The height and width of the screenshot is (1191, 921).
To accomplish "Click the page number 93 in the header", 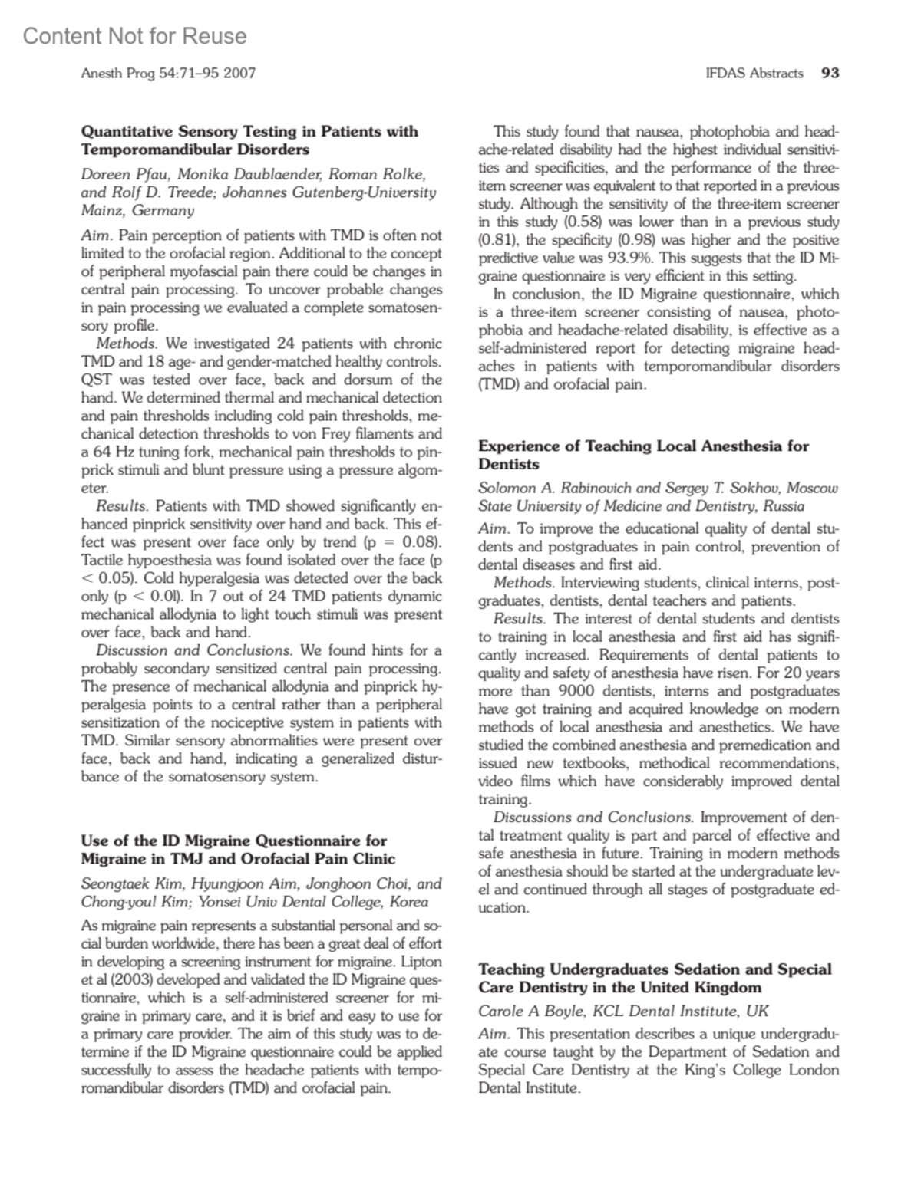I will [x=830, y=74].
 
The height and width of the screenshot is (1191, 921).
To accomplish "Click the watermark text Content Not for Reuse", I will [x=135, y=36].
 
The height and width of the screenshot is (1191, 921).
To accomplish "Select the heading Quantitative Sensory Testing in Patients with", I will [x=249, y=131].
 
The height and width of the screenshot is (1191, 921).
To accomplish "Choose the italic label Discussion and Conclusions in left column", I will [x=193, y=650].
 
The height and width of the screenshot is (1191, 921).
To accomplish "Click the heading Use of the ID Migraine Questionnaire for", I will [x=233, y=841].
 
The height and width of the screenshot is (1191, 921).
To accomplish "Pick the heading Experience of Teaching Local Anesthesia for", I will [x=643, y=446].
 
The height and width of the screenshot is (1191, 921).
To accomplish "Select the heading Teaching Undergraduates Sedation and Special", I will [x=654, y=969].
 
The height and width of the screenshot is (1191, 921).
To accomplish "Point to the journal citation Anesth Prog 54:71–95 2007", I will [x=168, y=74].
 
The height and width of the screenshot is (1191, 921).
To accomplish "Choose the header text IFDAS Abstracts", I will [x=754, y=74].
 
